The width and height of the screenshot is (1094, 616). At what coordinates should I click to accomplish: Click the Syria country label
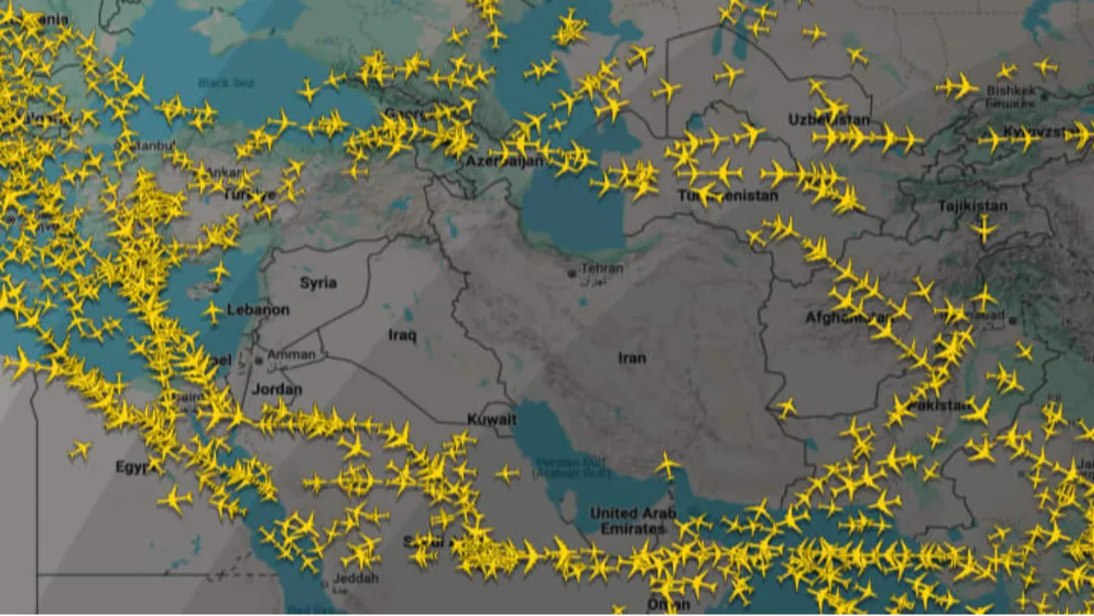point(318,282)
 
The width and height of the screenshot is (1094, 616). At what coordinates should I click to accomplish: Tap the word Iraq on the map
point(402,335)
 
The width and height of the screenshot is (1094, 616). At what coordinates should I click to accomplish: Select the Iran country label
point(632,358)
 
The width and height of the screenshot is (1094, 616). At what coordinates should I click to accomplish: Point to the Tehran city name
point(602,269)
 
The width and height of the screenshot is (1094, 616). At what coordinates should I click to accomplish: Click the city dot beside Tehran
point(572,274)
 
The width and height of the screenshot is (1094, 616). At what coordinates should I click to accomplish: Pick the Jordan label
point(276,389)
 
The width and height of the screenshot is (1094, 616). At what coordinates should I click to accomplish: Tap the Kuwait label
point(491,419)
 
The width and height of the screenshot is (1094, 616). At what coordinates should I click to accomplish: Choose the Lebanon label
point(257,310)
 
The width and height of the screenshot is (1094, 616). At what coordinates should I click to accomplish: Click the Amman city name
point(291,353)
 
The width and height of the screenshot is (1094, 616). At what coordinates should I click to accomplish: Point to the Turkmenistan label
point(727,196)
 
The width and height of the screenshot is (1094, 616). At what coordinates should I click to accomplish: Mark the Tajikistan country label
point(972,206)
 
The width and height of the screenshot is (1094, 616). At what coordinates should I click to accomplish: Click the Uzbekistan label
point(828,119)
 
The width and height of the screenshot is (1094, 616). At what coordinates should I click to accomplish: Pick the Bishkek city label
point(1010,91)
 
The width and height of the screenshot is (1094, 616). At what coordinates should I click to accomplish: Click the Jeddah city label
point(356,579)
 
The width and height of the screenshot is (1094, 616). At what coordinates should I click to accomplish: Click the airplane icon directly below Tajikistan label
point(984,228)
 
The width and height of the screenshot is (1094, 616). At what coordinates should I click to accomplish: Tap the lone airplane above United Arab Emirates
point(668,466)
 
